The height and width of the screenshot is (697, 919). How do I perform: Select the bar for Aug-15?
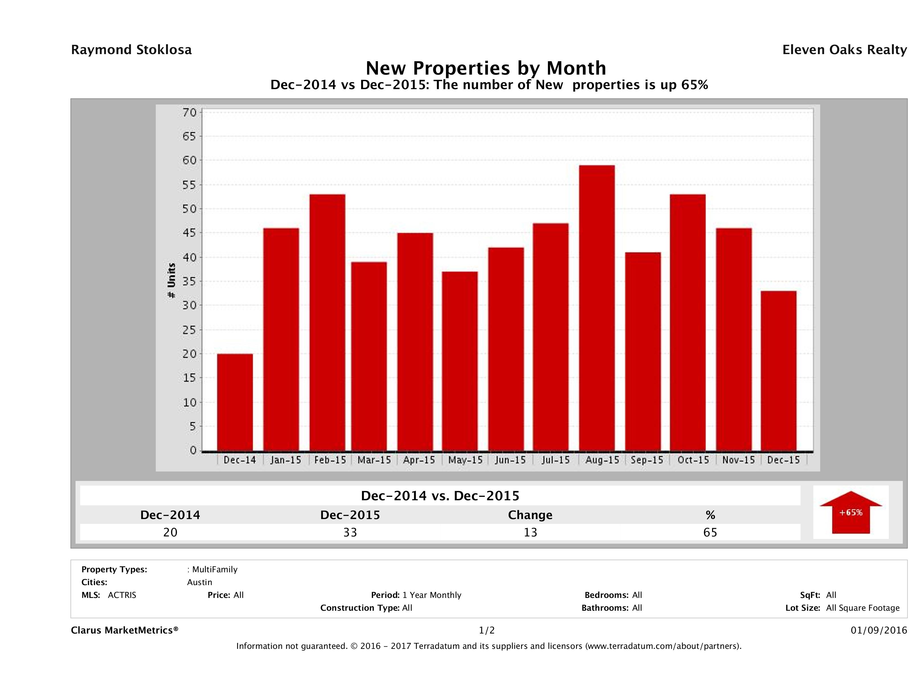(x=597, y=308)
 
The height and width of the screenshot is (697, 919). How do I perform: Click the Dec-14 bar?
(x=235, y=402)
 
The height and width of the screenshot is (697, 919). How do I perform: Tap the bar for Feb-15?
(x=328, y=322)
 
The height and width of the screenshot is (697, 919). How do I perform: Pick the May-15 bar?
(x=460, y=361)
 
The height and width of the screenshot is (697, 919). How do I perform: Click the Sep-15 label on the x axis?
(x=647, y=460)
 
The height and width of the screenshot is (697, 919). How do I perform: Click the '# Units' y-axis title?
(x=171, y=281)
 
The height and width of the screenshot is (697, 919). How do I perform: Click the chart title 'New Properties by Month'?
(x=486, y=68)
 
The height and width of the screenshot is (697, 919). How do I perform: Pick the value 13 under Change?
(x=530, y=532)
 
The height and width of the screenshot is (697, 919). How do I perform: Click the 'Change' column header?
(x=530, y=515)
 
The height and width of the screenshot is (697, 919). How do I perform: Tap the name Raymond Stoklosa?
(x=131, y=50)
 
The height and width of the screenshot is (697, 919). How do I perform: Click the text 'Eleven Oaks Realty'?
(x=844, y=50)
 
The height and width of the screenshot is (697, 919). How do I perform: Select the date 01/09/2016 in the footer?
(x=879, y=630)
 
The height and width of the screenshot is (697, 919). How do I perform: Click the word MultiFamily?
(x=215, y=569)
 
